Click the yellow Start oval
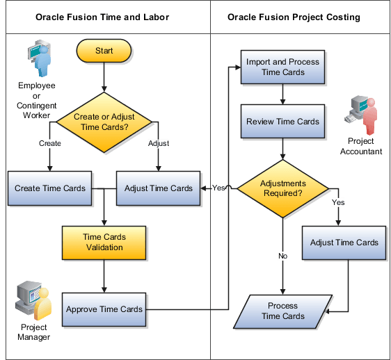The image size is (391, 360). pos(104,51)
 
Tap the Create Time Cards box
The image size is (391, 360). pos(50,188)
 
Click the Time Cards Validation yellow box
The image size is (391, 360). pos(104,242)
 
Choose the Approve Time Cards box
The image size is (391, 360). pos(104,309)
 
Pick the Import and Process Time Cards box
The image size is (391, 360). pos(282,67)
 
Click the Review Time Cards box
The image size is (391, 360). pos(282,122)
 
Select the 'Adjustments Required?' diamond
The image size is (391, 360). pos(282,188)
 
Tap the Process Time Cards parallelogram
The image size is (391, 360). pos(282,311)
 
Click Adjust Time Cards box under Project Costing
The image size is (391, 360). pos(344,243)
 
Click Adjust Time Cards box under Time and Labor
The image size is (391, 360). pos(158,188)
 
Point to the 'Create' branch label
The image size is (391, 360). pos(49,144)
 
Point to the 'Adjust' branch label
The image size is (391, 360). pos(159,144)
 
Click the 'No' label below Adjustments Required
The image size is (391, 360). pos(282,256)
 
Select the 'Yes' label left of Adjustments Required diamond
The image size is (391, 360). pos(218,188)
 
